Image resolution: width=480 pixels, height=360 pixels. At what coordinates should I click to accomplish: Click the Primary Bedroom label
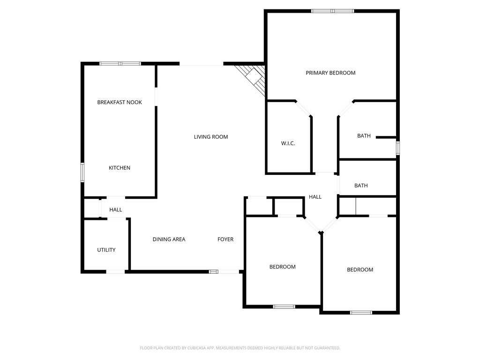330,73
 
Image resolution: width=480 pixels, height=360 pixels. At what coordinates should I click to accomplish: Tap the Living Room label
211,137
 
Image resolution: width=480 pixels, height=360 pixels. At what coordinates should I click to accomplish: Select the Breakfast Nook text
120,102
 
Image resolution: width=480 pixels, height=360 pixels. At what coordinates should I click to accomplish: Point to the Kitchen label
120,168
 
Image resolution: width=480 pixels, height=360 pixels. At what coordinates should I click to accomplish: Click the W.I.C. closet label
288,143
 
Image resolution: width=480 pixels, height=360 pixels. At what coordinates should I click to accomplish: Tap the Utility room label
106,250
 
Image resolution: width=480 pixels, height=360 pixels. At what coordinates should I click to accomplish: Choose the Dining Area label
169,240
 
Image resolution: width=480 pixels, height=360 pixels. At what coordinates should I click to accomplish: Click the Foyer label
225,240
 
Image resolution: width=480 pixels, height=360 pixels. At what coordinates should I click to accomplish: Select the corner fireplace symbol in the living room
252,78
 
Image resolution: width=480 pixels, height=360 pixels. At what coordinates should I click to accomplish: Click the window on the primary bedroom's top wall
332,11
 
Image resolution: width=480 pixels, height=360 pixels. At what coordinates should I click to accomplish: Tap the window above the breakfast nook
120,64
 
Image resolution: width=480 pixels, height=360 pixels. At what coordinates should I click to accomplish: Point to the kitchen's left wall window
82,172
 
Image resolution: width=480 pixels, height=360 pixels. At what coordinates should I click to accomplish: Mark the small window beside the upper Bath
397,148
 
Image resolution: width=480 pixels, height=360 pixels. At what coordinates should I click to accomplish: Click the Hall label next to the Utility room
116,210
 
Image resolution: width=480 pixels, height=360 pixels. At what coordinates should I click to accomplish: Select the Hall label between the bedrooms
315,197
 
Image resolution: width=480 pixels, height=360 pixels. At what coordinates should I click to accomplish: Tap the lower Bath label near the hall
361,186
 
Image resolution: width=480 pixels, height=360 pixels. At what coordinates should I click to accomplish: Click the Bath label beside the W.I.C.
364,135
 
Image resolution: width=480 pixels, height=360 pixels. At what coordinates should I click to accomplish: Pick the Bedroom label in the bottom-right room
360,270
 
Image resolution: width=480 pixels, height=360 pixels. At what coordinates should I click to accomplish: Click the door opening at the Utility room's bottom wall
115,271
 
